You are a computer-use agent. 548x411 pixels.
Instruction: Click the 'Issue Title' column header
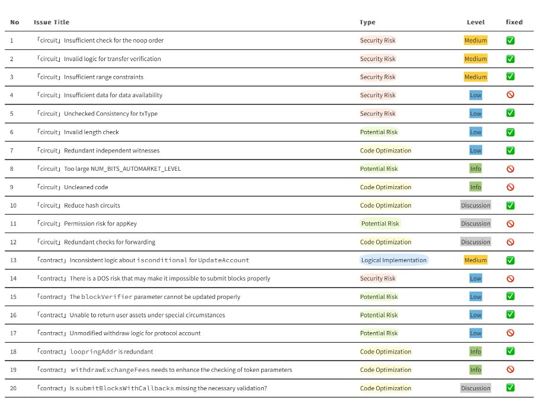pyautogui.click(x=52, y=22)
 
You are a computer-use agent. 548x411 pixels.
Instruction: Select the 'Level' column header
pyautogui.click(x=476, y=22)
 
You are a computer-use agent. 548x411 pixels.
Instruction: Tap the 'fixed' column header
pyautogui.click(x=514, y=22)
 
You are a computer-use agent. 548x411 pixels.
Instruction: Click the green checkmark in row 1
pyautogui.click(x=510, y=40)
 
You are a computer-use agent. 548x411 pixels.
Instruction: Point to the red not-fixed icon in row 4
pyautogui.click(x=510, y=94)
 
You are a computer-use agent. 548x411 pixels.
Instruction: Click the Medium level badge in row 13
pyautogui.click(x=476, y=260)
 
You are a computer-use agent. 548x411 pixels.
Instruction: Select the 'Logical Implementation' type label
pyautogui.click(x=394, y=260)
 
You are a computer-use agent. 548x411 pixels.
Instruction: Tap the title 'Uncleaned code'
pyautogui.click(x=86, y=187)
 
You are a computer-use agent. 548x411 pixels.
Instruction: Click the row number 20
pyautogui.click(x=13, y=388)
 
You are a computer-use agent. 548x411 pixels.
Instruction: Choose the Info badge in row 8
pyautogui.click(x=476, y=168)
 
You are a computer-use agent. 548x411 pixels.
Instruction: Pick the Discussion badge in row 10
pyautogui.click(x=476, y=205)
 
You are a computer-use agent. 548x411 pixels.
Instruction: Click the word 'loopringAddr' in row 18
pyautogui.click(x=94, y=352)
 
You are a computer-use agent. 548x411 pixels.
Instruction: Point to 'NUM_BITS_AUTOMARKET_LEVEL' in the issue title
pyautogui.click(x=136, y=169)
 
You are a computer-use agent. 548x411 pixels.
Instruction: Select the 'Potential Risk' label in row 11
pyautogui.click(x=380, y=224)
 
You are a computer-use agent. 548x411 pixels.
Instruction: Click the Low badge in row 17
pyautogui.click(x=476, y=333)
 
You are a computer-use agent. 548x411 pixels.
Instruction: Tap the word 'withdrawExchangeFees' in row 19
pyautogui.click(x=110, y=370)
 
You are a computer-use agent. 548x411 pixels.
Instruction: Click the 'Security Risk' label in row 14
pyautogui.click(x=378, y=278)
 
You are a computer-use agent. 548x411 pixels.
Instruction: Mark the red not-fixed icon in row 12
pyautogui.click(x=510, y=242)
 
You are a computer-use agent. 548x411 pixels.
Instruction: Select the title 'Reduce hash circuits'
pyautogui.click(x=92, y=205)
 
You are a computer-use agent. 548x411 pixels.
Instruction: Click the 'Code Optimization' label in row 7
pyautogui.click(x=386, y=151)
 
